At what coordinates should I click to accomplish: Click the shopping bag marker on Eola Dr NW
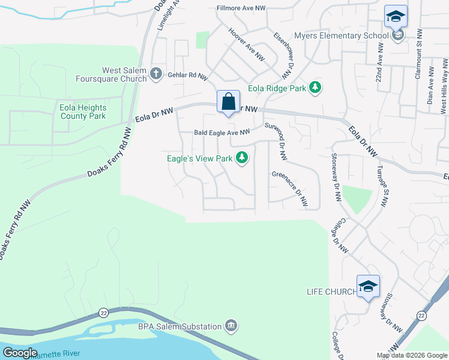click(228, 101)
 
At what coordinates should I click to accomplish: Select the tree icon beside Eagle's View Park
click(242, 158)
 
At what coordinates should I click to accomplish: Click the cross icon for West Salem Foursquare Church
click(155, 74)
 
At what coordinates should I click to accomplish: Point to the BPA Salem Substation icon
click(232, 326)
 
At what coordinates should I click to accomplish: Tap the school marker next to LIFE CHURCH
click(368, 286)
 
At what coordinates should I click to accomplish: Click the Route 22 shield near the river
click(104, 313)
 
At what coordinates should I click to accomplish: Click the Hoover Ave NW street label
click(246, 44)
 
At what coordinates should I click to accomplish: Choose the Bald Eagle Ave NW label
click(221, 133)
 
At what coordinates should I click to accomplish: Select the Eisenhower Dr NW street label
click(284, 55)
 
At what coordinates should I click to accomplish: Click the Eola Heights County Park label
click(83, 112)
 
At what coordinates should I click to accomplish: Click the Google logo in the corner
click(20, 353)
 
